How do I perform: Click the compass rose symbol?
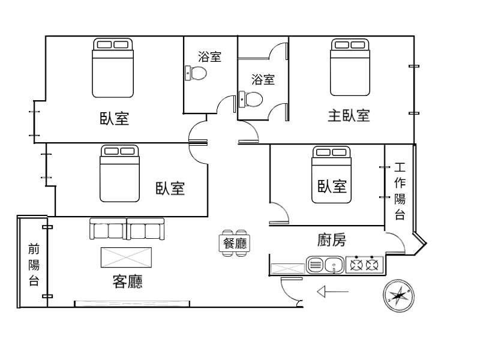pyautogui.click(x=398, y=296)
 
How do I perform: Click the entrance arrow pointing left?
pyautogui.click(x=333, y=292)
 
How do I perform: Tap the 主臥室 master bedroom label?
pyautogui.click(x=349, y=116)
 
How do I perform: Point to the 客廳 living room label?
pyautogui.click(x=127, y=281)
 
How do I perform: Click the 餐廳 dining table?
pyautogui.click(x=235, y=244)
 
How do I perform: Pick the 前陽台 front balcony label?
pyautogui.click(x=34, y=265)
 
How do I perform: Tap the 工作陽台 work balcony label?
pyautogui.click(x=400, y=191)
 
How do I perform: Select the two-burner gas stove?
pyautogui.click(x=364, y=265)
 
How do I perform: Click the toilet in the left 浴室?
pyautogui.click(x=196, y=73)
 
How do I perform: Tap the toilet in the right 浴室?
pyautogui.click(x=251, y=100)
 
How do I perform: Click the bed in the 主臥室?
pyautogui.click(x=350, y=67)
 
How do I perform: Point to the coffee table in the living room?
pyautogui.click(x=126, y=257)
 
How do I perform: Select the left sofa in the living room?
pyautogui.click(x=108, y=229)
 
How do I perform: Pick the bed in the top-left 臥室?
pyautogui.click(x=113, y=68)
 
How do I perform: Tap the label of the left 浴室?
pyautogui.click(x=209, y=56)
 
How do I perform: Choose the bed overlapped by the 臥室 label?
pyautogui.click(x=331, y=175)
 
